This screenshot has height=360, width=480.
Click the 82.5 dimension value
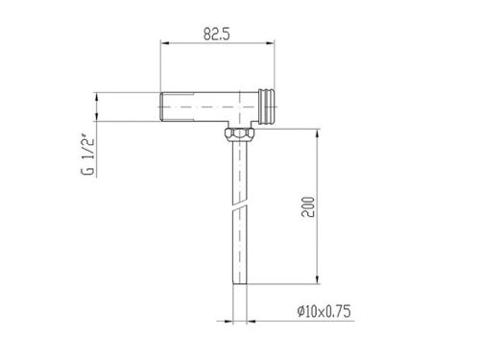(x=217, y=34)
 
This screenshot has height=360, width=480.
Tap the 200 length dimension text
(x=308, y=207)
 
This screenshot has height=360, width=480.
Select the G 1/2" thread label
(x=87, y=156)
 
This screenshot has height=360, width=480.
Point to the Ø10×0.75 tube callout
(x=324, y=311)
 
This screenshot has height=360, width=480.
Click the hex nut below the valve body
(x=240, y=132)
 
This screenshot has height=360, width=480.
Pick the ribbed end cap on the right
(x=267, y=107)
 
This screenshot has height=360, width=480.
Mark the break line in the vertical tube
(x=240, y=205)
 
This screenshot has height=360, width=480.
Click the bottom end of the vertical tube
(x=240, y=283)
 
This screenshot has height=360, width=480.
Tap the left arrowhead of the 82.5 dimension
(x=164, y=43)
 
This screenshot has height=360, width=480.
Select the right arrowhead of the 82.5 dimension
(x=271, y=43)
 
